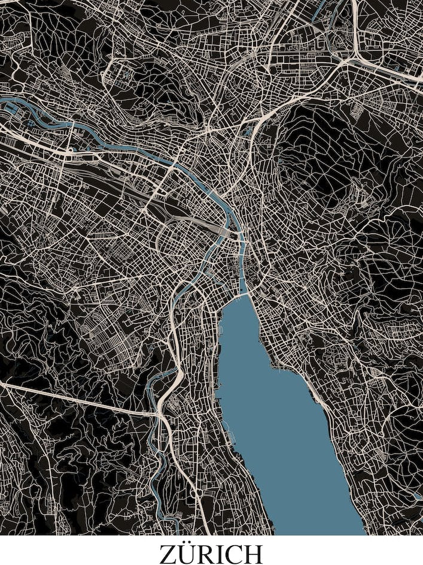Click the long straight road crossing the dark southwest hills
point(78,400)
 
